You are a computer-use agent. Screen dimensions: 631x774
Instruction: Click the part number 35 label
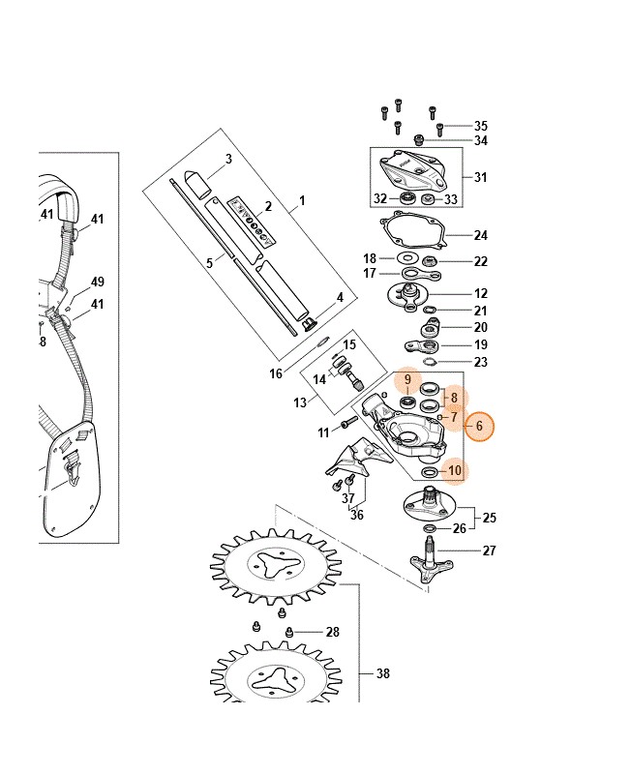click(x=480, y=126)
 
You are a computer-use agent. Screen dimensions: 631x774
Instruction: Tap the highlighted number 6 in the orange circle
click(x=479, y=426)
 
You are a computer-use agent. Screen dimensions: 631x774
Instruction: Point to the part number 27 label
click(x=489, y=550)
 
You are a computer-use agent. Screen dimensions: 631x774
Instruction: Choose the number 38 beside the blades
click(x=382, y=673)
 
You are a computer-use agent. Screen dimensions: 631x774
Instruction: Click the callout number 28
click(x=332, y=632)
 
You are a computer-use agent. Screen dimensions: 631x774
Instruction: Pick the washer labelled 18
click(x=407, y=257)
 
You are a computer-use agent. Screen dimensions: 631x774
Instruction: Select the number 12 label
click(x=480, y=294)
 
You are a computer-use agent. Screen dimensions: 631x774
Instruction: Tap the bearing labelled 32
click(x=407, y=199)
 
